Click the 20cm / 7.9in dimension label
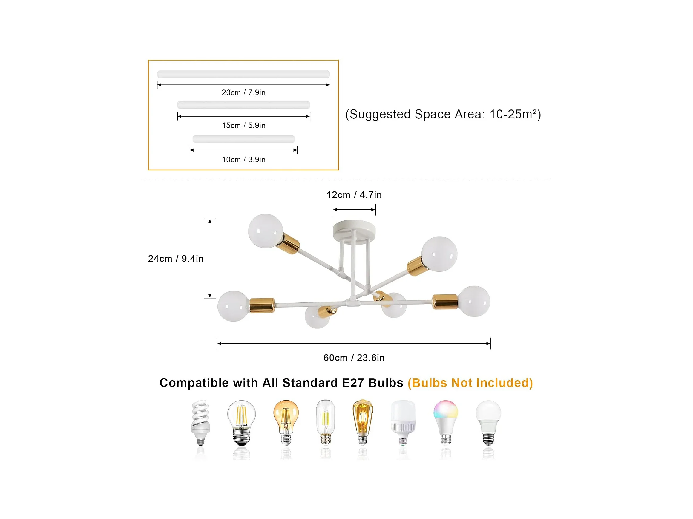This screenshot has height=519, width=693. point(243,92)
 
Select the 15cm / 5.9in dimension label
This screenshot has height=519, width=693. point(243,126)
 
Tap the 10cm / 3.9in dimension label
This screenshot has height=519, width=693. point(243,160)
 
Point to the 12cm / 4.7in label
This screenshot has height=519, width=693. point(354,195)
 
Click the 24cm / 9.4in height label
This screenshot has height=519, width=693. point(176,259)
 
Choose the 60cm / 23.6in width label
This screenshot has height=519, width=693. point(354,358)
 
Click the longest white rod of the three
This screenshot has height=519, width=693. point(243,74)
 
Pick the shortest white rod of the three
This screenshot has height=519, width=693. point(243,139)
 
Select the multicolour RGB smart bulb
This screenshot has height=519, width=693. point(445,421)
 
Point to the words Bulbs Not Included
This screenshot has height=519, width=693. point(470,383)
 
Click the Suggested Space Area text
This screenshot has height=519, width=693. point(443,115)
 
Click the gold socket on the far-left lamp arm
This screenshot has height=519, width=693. point(262,305)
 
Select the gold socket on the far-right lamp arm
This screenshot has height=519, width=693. point(445,302)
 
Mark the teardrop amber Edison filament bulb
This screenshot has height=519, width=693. point(362,421)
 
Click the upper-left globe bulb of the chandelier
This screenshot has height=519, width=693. point(266,231)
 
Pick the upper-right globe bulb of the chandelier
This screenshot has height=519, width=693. point(439,254)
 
